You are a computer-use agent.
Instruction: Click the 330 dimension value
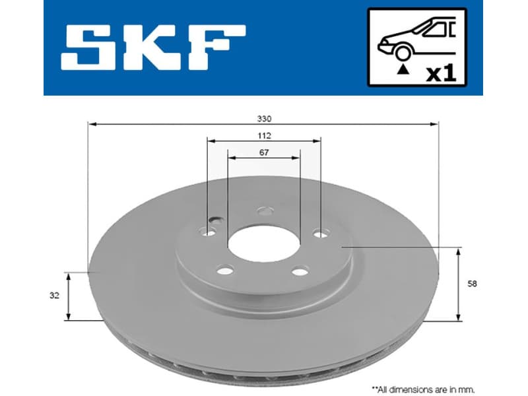point(264,119)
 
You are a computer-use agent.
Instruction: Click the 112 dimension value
point(264,135)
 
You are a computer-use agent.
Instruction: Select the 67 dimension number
point(264,152)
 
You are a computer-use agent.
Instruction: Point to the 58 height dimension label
point(471,284)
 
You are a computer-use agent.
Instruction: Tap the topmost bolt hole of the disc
point(265,212)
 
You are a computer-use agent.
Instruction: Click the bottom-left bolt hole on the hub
point(225,269)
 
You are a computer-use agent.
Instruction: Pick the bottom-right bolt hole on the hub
point(300,271)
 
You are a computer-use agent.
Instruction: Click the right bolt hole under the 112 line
point(320,233)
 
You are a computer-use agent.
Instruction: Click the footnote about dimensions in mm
point(422,389)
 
